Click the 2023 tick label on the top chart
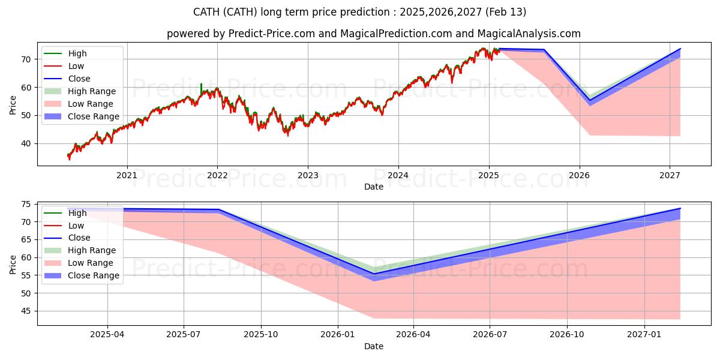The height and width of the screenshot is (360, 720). click(308, 175)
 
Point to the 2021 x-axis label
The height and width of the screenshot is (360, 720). click(127, 175)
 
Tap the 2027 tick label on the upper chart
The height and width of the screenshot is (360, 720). click(670, 175)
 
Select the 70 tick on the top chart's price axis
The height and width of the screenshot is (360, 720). click(26, 59)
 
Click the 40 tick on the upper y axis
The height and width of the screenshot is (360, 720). click(26, 143)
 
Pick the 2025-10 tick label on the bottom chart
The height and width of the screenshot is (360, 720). click(260, 335)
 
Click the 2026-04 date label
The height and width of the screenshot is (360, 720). click(413, 335)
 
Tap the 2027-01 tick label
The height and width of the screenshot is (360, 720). click(644, 335)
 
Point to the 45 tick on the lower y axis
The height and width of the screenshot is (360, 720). click(26, 311)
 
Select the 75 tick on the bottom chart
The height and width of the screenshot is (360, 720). click(26, 205)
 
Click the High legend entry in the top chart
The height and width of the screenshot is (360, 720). click(77, 53)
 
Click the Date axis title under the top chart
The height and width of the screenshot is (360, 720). click(373, 187)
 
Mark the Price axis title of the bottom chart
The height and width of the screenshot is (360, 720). click(13, 265)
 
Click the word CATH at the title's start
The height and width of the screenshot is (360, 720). click(206, 12)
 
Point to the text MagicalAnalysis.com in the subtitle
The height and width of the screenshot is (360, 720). click(529, 34)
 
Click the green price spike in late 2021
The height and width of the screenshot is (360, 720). click(201, 88)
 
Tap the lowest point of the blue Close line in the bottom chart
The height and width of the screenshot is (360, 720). click(373, 274)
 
